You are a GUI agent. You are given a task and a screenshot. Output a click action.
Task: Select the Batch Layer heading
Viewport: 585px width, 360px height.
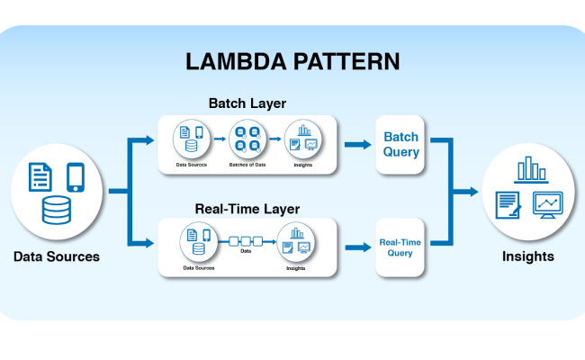coord(247,103)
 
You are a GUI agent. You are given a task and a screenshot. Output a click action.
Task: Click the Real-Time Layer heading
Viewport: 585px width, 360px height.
coord(247,209)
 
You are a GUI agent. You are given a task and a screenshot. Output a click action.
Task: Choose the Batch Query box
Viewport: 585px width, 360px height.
coord(401,144)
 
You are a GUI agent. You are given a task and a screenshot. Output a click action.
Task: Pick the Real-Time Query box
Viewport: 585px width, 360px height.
coord(401,247)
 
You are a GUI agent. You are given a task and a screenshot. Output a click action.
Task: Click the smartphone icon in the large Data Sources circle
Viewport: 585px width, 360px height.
coord(76,176)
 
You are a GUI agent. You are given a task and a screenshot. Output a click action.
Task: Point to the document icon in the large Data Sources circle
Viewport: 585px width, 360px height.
coord(41,175)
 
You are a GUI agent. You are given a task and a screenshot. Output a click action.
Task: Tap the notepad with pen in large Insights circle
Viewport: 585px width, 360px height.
coord(508,205)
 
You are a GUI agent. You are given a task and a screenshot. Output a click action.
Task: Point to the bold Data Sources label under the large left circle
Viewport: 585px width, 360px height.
coord(57,256)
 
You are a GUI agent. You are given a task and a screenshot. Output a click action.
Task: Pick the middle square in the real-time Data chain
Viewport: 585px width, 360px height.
coord(245,241)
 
